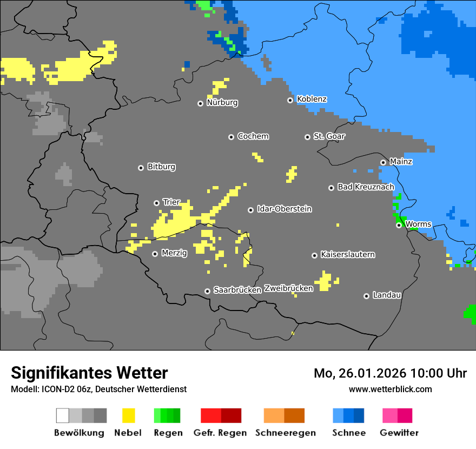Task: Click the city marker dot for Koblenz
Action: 290,100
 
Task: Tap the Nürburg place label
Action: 222,103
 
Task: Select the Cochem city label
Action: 253,136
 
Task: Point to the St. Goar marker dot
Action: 307,137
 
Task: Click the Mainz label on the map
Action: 401,162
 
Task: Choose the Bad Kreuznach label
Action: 366,187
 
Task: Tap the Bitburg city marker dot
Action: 141,168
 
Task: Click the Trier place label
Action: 171,202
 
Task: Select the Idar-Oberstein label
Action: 284,209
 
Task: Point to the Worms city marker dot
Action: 399,225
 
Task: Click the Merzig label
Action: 174,253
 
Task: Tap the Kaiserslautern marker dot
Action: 314,255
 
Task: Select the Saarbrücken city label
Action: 237,290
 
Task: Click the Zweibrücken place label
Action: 288,289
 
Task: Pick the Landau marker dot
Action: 366,296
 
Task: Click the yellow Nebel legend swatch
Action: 128,415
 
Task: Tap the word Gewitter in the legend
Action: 399,433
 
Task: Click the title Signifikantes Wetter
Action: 89,373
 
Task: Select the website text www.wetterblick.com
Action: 390,389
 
